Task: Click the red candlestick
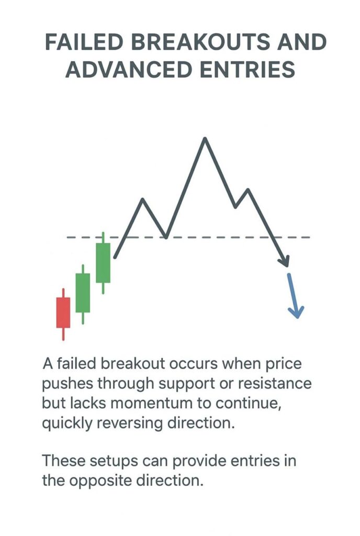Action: click(x=63, y=312)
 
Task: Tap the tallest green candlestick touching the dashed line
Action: click(x=103, y=263)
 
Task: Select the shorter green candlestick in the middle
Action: click(x=83, y=293)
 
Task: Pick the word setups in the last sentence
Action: click(x=118, y=461)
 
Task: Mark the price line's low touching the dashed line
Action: click(x=166, y=237)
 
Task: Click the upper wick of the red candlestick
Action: click(x=63, y=293)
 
